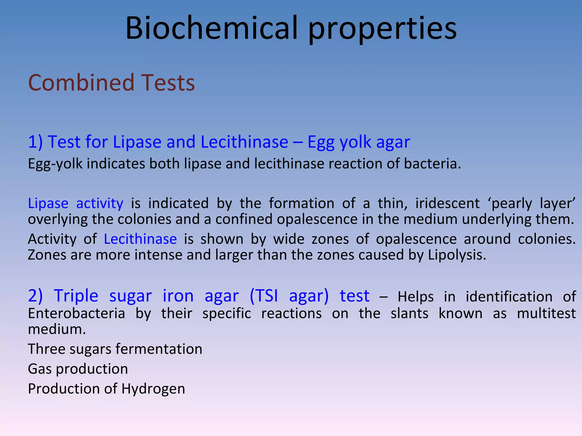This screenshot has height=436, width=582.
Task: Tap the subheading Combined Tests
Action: [111, 83]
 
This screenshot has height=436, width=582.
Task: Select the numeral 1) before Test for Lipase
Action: [35, 142]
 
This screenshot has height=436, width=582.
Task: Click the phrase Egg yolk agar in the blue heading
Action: [359, 142]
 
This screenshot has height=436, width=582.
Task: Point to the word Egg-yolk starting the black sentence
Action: [55, 164]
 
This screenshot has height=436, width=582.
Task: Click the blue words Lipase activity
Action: [76, 204]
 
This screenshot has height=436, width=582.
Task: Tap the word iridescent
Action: [447, 203]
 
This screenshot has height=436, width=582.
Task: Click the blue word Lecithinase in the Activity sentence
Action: [140, 239]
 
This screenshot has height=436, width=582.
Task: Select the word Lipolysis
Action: [457, 255]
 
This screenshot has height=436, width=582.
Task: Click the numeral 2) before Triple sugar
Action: [35, 296]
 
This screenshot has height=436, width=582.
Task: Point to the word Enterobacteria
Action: [76, 314]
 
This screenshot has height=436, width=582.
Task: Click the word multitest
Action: [546, 314]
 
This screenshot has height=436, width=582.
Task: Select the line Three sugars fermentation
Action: [115, 349]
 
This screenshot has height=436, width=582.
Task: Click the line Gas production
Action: [78, 369]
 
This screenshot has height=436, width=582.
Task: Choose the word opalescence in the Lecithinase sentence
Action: [416, 239]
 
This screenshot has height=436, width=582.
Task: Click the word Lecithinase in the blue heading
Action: [244, 142]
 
